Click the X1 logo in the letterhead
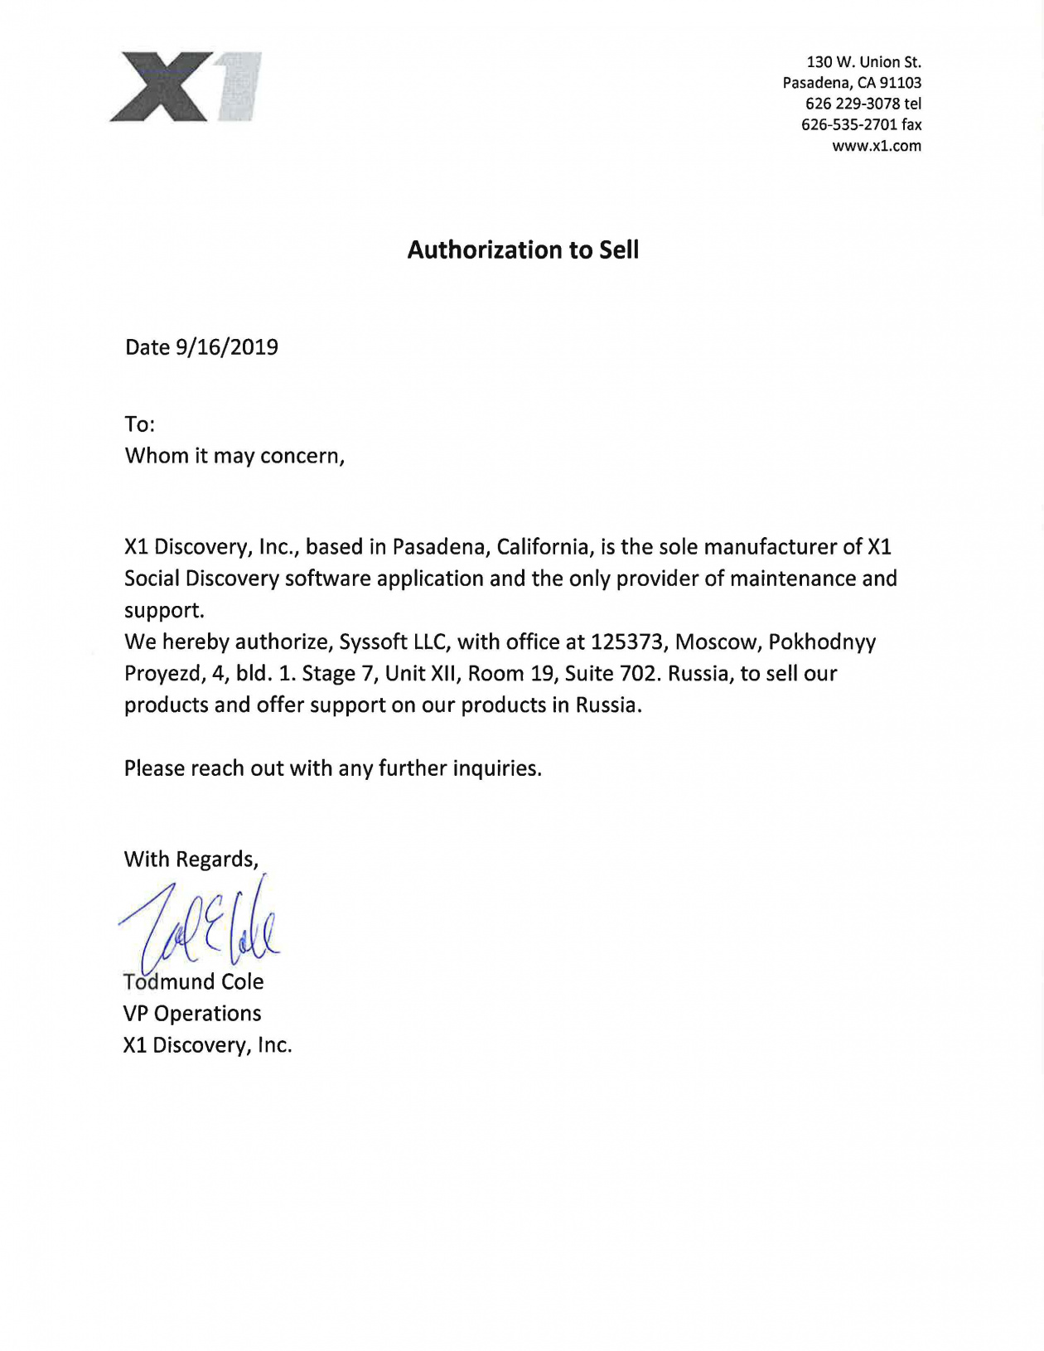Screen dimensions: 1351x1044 pyautogui.click(x=186, y=86)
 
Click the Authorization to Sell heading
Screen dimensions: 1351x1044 pyautogui.click(x=523, y=250)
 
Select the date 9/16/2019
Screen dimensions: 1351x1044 pyautogui.click(x=226, y=347)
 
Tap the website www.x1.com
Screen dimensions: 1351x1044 pyautogui.click(x=876, y=146)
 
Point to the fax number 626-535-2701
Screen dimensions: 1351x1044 pyautogui.click(x=849, y=125)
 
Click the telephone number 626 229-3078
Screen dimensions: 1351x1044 pyautogui.click(x=853, y=104)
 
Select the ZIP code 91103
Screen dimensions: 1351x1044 pyautogui.click(x=901, y=83)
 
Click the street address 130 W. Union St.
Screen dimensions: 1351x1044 pyautogui.click(x=863, y=62)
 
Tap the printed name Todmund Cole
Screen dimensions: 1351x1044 pyautogui.click(x=193, y=982)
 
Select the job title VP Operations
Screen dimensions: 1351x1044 pyautogui.click(x=192, y=1014)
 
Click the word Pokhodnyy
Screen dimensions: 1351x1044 pyautogui.click(x=822, y=642)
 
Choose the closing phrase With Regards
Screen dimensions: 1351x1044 pyautogui.click(x=191, y=860)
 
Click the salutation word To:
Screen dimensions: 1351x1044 pyautogui.click(x=140, y=425)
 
